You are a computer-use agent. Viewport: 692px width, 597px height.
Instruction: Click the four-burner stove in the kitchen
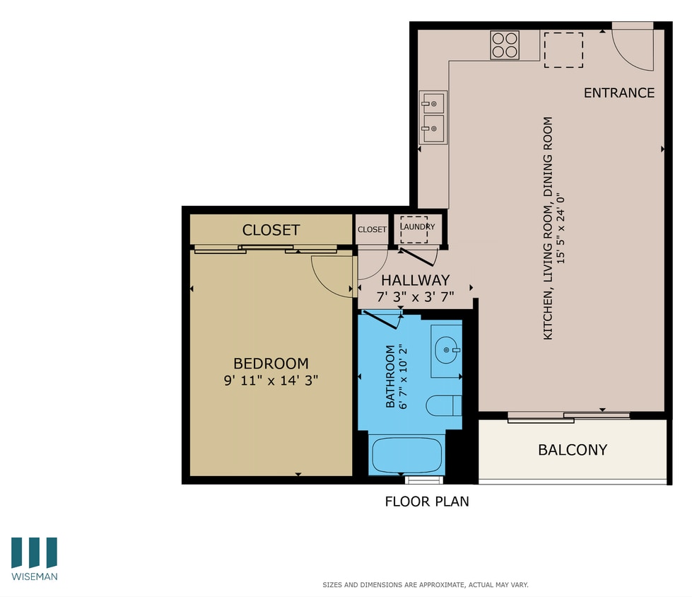click(505, 45)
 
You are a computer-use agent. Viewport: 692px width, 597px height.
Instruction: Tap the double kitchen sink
click(433, 117)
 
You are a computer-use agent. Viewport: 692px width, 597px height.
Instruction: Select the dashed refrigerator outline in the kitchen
click(563, 50)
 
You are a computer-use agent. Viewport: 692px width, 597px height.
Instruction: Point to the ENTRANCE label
click(618, 93)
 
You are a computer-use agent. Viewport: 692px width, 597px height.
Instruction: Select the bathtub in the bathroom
click(406, 455)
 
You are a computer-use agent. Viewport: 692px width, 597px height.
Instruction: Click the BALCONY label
click(573, 449)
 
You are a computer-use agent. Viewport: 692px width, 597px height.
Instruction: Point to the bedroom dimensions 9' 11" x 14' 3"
click(271, 380)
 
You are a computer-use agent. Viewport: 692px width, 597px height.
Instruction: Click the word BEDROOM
click(271, 364)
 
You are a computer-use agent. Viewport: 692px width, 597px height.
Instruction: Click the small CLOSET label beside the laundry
click(372, 229)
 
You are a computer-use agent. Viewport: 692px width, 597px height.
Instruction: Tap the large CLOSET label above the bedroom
click(271, 230)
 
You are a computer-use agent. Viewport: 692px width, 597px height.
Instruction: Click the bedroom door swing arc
click(330, 277)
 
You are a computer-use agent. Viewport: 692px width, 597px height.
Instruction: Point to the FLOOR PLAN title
click(426, 502)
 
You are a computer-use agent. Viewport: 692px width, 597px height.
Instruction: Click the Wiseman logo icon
click(34, 552)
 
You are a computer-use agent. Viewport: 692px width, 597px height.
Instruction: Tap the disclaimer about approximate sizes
click(426, 585)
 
